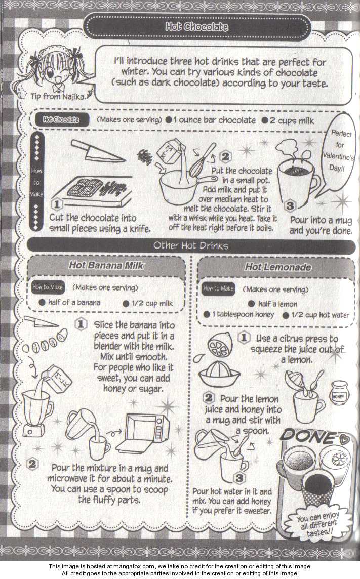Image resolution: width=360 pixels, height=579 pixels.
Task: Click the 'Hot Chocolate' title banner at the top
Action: tap(197, 27)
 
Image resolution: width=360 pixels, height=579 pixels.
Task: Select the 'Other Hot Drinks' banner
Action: tap(191, 245)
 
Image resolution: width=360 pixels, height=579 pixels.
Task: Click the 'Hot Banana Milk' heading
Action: tap(106, 265)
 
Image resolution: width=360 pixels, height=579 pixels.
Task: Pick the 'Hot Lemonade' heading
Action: tap(277, 267)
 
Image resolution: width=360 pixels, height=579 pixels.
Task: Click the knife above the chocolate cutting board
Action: tap(98, 151)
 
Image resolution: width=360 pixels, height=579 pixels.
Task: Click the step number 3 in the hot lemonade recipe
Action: tap(239, 478)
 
